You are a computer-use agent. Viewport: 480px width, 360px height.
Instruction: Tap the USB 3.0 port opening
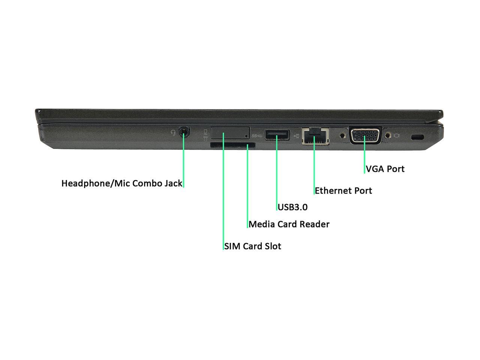point(277,135)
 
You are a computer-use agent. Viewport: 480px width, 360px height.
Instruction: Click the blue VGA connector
point(365,135)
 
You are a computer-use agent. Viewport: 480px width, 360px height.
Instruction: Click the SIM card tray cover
point(230,133)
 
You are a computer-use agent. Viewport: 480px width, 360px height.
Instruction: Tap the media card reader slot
point(233,145)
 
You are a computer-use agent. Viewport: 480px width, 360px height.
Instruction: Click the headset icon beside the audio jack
point(173,132)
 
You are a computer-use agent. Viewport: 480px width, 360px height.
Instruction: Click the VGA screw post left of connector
point(342,134)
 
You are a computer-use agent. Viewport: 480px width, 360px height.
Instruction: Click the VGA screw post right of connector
point(388,135)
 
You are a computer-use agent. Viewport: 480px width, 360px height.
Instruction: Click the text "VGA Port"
point(385,169)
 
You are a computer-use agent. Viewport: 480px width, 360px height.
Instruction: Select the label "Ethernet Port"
point(343,190)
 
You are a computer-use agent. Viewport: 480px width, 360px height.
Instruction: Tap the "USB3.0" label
point(292,207)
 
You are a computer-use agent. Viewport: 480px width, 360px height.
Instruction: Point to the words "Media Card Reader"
point(289,224)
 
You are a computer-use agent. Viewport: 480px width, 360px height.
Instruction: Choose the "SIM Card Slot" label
point(253,246)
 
